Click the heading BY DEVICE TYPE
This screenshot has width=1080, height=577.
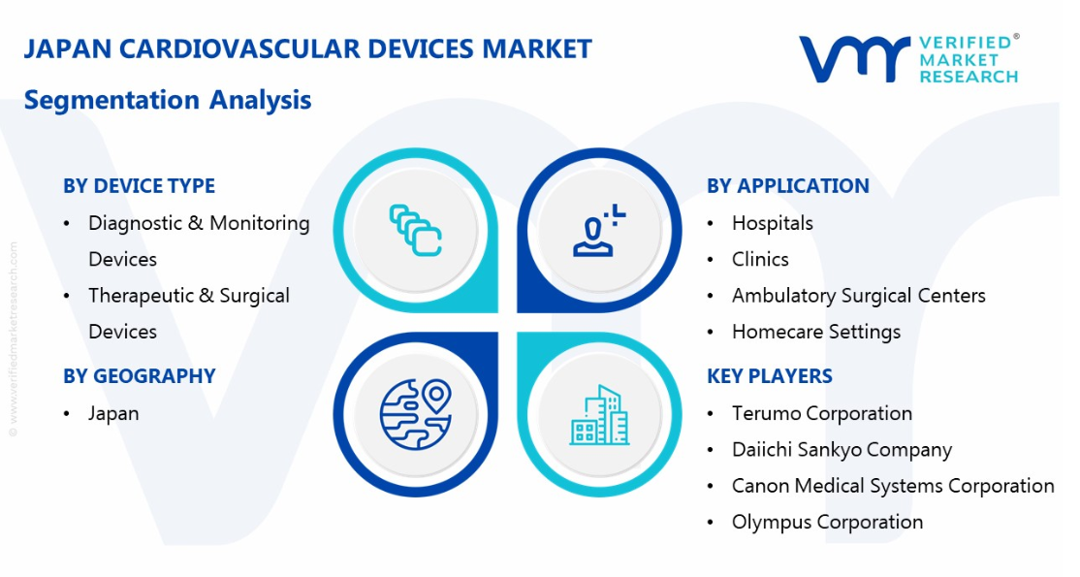(x=140, y=186)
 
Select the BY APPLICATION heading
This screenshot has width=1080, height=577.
(x=788, y=186)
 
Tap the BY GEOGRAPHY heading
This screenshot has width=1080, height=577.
(x=140, y=376)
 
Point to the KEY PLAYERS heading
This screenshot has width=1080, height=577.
(x=770, y=376)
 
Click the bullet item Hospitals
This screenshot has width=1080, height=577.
(x=772, y=223)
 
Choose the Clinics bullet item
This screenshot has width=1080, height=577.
(x=760, y=259)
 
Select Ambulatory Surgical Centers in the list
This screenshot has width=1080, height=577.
(x=859, y=296)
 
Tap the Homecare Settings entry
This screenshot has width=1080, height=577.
(x=816, y=333)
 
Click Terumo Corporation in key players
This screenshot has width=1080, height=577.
(x=822, y=414)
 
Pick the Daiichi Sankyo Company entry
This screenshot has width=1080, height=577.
(x=842, y=450)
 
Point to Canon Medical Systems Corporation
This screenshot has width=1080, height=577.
(x=893, y=486)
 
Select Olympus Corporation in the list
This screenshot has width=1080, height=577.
(x=827, y=523)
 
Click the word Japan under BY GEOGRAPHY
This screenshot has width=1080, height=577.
(x=113, y=414)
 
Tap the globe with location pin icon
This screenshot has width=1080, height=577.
(x=416, y=414)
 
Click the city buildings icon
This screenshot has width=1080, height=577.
(x=599, y=414)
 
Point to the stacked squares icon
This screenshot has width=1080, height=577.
(x=416, y=231)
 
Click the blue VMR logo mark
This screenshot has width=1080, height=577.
(x=854, y=59)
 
